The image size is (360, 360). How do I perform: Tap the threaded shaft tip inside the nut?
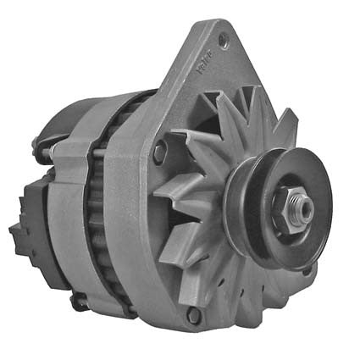click(300, 206)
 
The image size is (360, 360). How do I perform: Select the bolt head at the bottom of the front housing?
click(194, 315)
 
